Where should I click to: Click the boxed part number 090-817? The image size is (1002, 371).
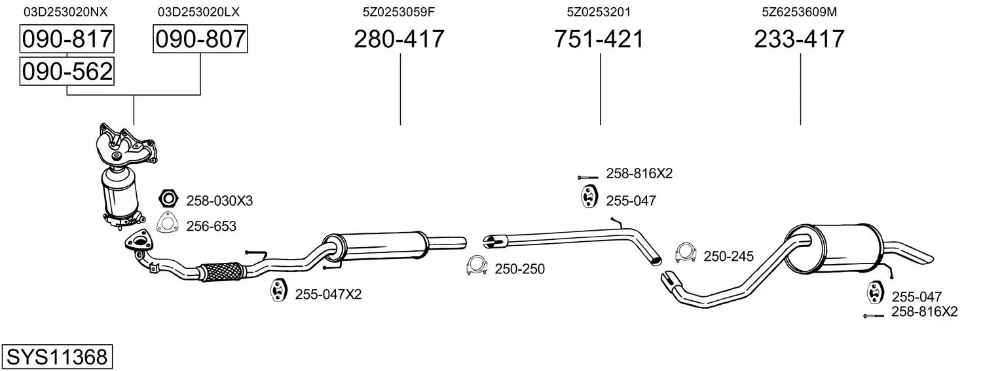[67, 39]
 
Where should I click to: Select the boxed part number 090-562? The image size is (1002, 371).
[67, 71]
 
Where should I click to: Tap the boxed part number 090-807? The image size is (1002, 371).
[200, 39]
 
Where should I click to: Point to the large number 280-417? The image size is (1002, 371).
[399, 39]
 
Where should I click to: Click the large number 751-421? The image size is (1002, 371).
[599, 39]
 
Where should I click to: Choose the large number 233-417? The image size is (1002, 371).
[800, 39]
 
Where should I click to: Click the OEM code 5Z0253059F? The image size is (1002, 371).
[399, 12]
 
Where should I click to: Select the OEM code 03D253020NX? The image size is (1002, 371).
[65, 12]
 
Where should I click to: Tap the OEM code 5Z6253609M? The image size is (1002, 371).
[800, 12]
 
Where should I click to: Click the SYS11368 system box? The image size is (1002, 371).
[57, 357]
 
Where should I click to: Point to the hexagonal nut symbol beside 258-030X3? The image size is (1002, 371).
[169, 198]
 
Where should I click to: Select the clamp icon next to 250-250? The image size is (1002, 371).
[477, 266]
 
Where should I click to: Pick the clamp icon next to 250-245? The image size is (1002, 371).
[686, 253]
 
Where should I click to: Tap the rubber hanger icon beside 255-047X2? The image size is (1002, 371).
[278, 290]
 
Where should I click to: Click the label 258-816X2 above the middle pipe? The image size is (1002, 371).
[639, 173]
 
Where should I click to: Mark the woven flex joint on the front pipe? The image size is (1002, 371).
[222, 271]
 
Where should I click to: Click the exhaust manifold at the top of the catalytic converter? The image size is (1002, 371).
[126, 146]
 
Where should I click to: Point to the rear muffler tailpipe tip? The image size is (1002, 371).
[926, 258]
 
